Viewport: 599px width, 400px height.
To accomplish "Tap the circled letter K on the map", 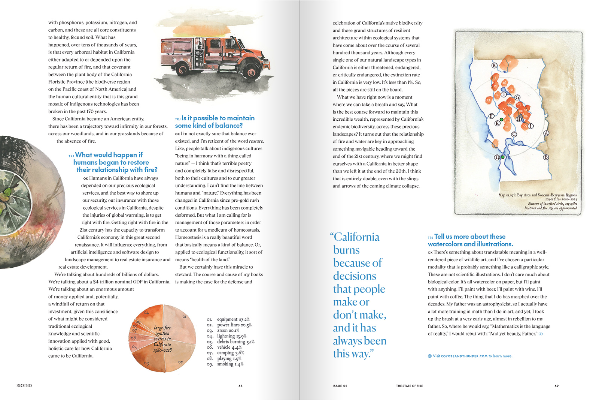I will coord(494,65).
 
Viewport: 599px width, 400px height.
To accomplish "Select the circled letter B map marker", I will coord(546,157).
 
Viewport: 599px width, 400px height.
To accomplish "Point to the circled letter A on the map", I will coord(546,133).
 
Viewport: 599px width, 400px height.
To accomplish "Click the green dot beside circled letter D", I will coord(503,157).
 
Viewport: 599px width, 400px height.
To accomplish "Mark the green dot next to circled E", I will coord(502,120).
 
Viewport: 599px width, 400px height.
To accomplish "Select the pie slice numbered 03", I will coord(150,360).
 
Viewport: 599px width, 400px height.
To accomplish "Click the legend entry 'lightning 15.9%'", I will coord(231,336).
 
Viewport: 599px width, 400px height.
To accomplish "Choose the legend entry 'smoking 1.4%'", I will coord(230,364).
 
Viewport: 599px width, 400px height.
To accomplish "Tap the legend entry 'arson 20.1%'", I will coord(228,331).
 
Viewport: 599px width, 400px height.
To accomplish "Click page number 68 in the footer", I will coord(240,386).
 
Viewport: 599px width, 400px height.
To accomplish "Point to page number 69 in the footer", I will coord(556,386).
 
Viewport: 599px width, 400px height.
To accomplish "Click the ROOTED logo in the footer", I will coord(24,386).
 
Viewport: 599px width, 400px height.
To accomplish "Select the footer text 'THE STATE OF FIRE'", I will coord(409,386).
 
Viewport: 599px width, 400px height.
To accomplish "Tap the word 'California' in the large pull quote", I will coord(356,237).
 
